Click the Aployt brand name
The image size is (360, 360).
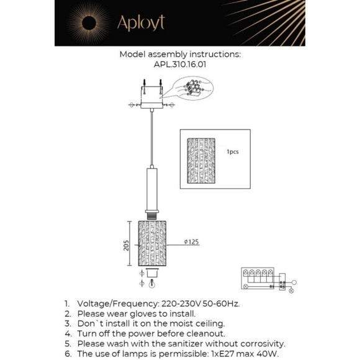pos(142,23)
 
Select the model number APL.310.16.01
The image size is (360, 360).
pos(179,63)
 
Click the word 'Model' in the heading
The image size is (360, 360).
pos(133,55)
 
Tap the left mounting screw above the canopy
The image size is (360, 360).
pos(143,83)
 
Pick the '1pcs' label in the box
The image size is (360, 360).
pos(233,151)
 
